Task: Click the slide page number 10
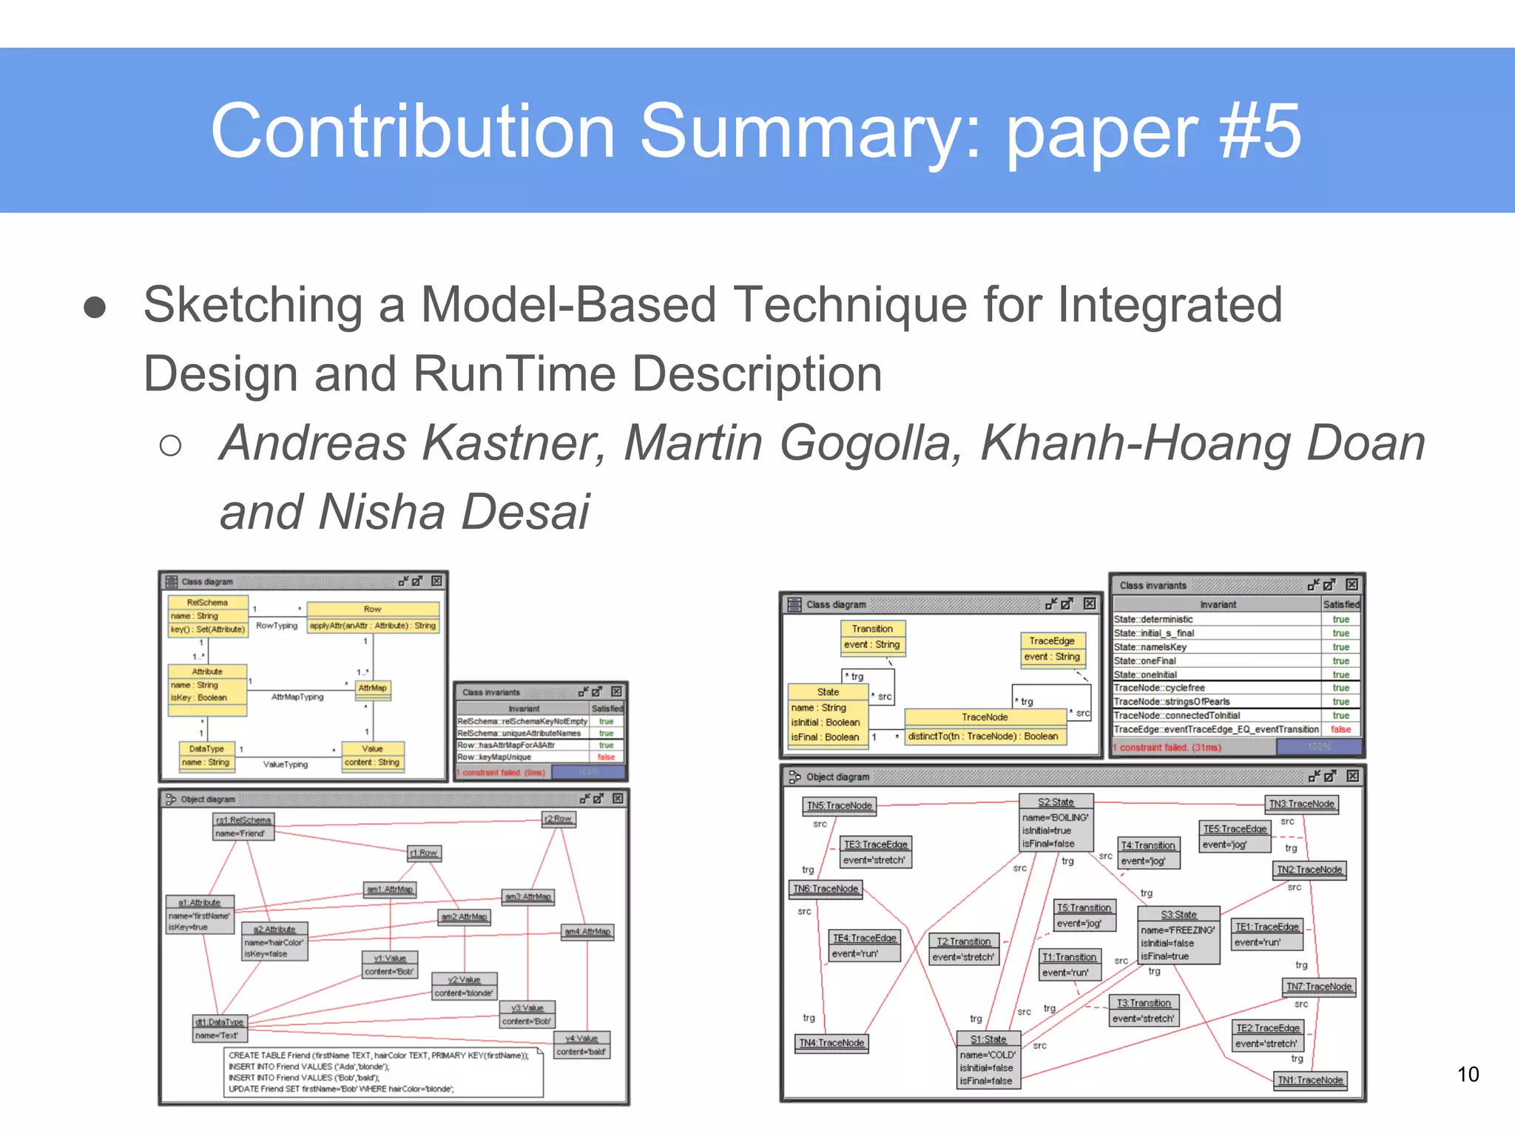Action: coord(1468,1074)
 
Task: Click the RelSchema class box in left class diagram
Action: coord(208,616)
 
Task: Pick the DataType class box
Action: coord(206,756)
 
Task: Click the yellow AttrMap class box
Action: coord(372,689)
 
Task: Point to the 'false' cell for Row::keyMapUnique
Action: coord(606,757)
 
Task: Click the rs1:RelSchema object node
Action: coord(243,826)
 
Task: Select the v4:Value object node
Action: coord(582,1044)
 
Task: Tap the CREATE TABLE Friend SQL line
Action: coord(378,1055)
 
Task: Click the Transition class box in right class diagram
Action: coord(872,637)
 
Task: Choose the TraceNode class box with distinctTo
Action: coord(984,726)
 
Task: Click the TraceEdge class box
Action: coord(1051,649)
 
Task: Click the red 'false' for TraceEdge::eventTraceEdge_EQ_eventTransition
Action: coord(1340,729)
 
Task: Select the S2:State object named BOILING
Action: coord(1055,822)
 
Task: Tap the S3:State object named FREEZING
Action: coord(1178,936)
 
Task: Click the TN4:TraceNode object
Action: coord(831,1043)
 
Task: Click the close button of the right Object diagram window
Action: coord(1352,776)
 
